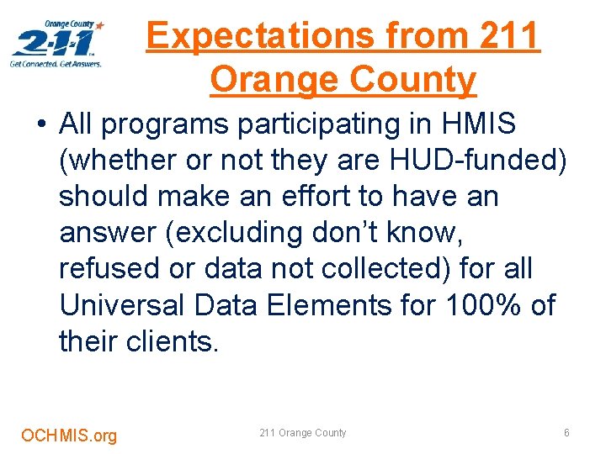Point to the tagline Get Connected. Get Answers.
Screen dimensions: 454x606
(56, 63)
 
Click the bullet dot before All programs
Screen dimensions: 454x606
(41, 125)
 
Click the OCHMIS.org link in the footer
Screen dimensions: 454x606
(69, 436)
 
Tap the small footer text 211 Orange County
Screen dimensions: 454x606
(302, 433)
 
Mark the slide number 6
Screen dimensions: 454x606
(566, 433)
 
